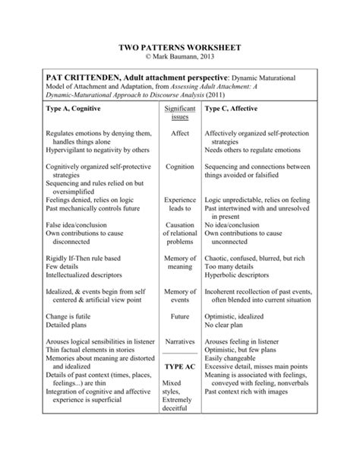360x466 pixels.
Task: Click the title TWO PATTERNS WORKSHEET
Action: (x=180, y=46)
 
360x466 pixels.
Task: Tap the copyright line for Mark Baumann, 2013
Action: (x=180, y=57)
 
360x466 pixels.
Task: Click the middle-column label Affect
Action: (x=180, y=133)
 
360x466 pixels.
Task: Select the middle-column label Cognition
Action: (x=180, y=166)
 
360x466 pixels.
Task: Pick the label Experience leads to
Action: (x=180, y=204)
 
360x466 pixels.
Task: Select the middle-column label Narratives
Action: (x=180, y=354)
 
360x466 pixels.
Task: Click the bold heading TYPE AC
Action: (x=179, y=388)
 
